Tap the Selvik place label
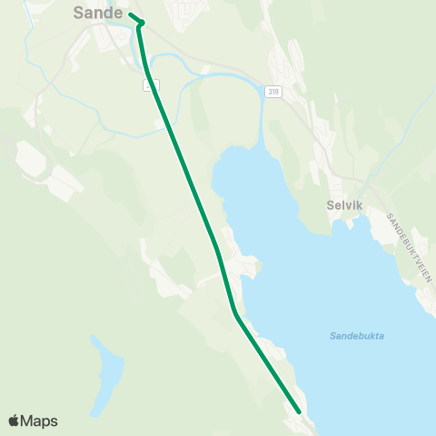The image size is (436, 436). [x=344, y=205]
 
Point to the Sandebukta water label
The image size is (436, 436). [x=356, y=336]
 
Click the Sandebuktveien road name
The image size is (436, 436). [x=407, y=247]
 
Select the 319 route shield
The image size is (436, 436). [x=273, y=93]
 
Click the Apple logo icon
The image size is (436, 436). [x=14, y=421]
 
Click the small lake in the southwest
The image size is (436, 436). [x=106, y=372]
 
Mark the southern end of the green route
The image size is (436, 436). [x=298, y=411]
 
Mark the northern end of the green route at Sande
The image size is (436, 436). [x=131, y=15]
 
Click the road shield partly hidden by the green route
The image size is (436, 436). [x=151, y=84]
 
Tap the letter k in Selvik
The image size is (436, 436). [x=360, y=205]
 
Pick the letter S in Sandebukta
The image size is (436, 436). [x=332, y=336]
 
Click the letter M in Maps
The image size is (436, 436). [x=29, y=421]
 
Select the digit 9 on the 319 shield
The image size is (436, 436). [x=277, y=93]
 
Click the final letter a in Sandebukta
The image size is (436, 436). [x=381, y=336]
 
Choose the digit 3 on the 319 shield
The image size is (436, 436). [x=270, y=93]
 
